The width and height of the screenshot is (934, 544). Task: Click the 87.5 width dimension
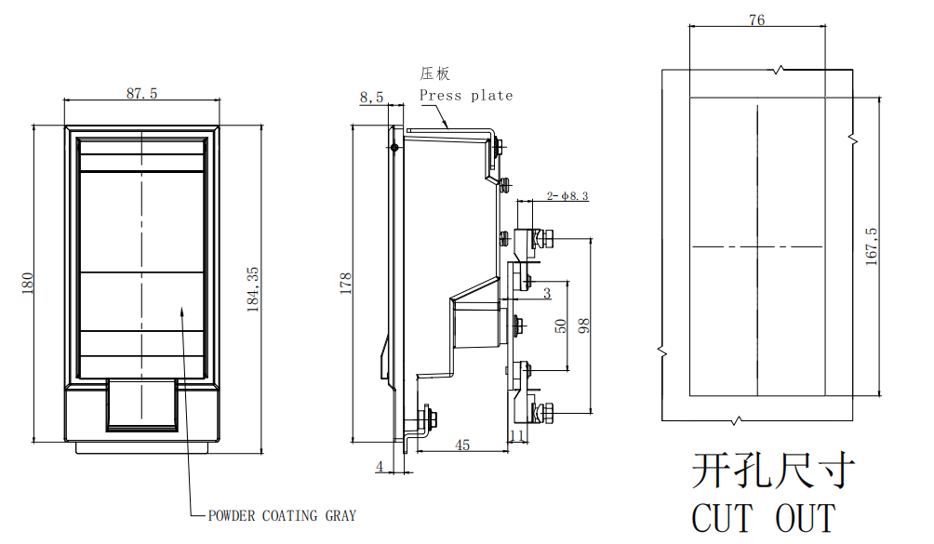141,93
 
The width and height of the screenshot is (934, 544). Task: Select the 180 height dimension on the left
28,283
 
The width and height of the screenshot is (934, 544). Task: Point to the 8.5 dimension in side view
371,97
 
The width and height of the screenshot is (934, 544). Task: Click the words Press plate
465,95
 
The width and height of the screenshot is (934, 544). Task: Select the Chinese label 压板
434,73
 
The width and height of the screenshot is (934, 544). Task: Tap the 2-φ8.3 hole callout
567,195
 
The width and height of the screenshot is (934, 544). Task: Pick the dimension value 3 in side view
547,294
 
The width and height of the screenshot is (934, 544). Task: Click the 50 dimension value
561,325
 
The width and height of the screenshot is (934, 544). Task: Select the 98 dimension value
584,325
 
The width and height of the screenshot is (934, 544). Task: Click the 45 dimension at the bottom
461,445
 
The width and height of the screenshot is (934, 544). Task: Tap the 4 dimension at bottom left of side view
380,466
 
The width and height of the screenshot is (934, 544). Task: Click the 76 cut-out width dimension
756,20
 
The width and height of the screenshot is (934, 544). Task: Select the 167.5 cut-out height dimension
872,246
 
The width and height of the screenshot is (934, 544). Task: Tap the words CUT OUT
763,518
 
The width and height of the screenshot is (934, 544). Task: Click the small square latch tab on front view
141,405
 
